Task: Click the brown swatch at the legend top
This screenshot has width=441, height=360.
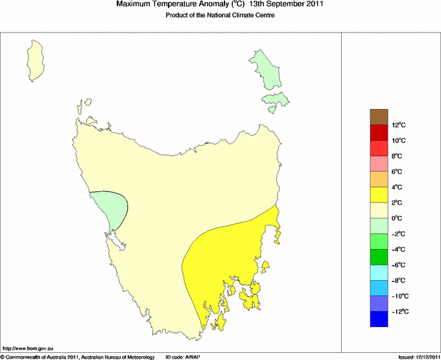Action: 379,117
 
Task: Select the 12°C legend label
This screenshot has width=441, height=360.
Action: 398,125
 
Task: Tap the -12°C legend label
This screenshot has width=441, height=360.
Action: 399,312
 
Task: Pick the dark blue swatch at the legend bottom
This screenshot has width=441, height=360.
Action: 379,319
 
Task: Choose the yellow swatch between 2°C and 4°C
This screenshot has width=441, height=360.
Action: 379,195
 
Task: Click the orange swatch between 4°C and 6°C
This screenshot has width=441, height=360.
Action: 379,179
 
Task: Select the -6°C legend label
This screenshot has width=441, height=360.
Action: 399,265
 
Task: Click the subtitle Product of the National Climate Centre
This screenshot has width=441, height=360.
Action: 220,16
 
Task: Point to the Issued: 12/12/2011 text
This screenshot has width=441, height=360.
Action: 418,357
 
